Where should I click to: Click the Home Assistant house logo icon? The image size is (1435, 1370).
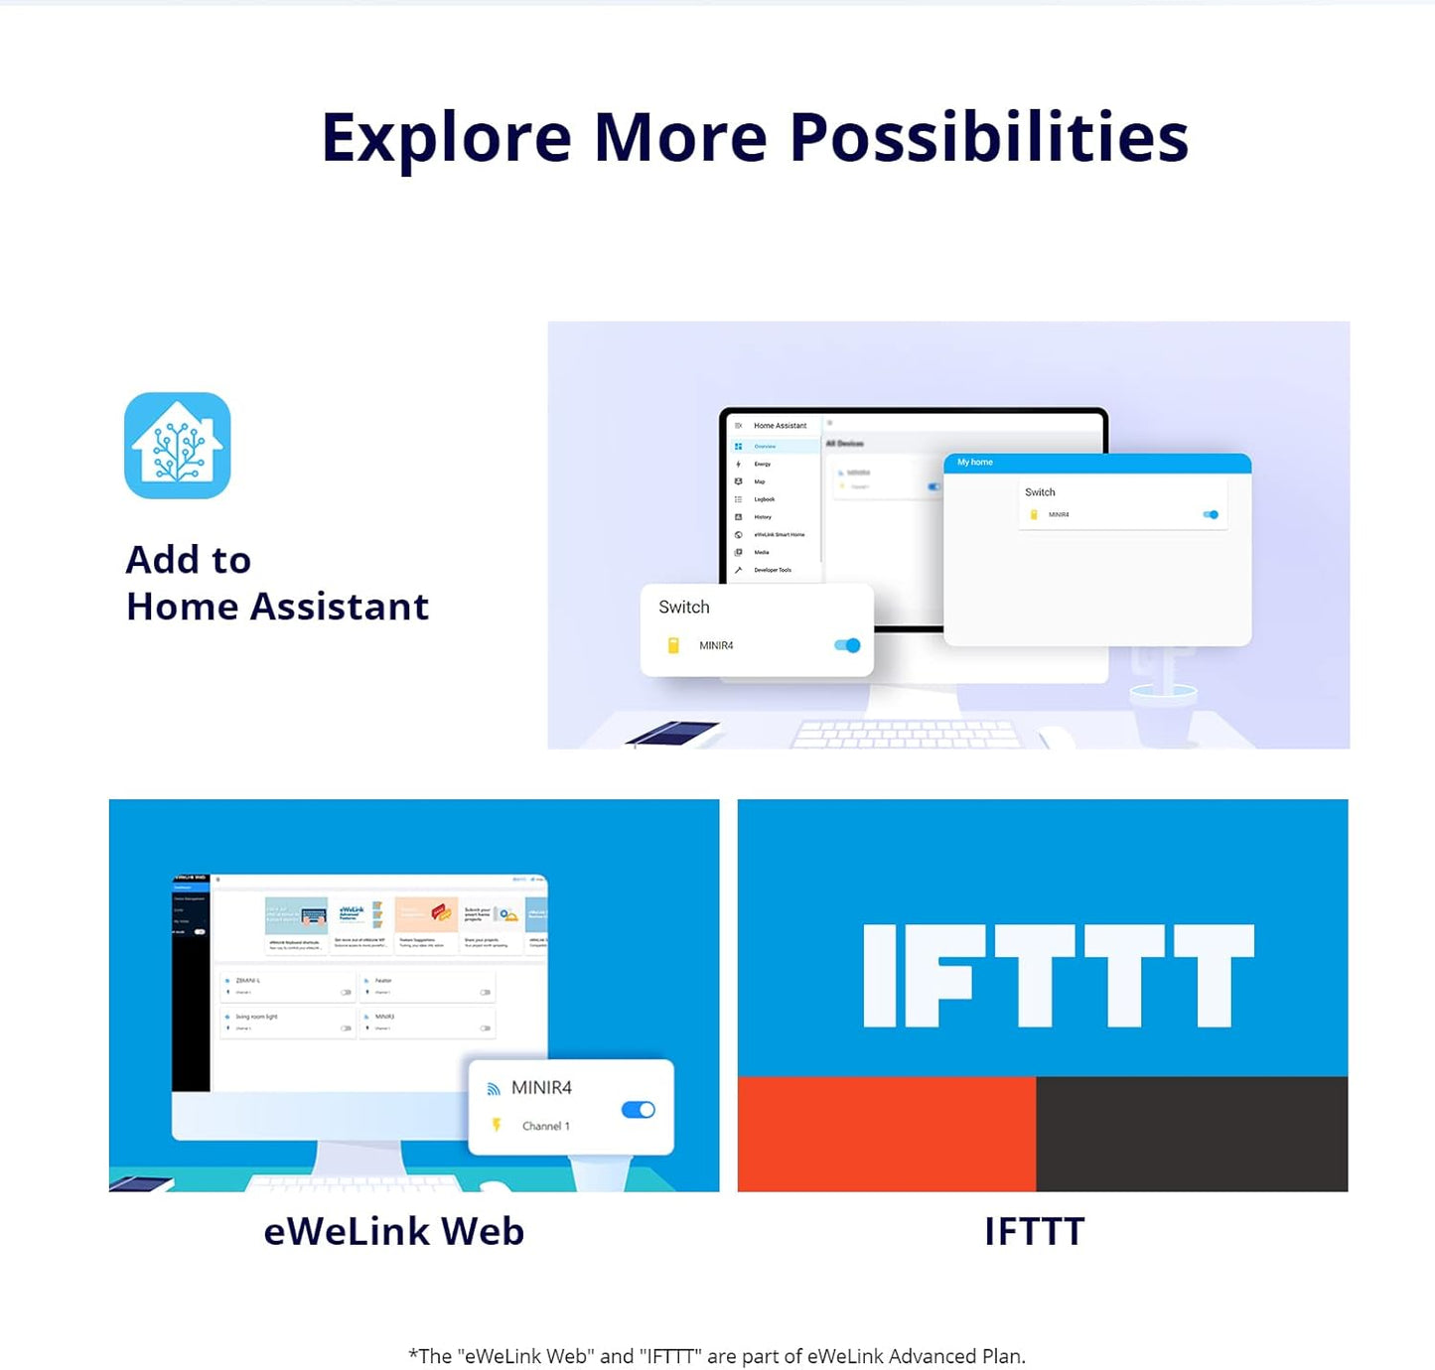pyautogui.click(x=178, y=446)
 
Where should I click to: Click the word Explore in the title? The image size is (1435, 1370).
pyautogui.click(x=446, y=137)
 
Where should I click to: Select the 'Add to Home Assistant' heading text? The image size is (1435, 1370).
pyautogui.click(x=277, y=583)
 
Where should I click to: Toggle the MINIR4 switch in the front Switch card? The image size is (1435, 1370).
pyautogui.click(x=847, y=645)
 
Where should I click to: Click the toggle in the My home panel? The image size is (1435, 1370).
pyautogui.click(x=1211, y=514)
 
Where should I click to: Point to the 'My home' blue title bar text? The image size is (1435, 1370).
pyautogui.click(x=975, y=463)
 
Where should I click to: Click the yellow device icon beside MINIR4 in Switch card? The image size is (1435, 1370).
pyautogui.click(x=673, y=645)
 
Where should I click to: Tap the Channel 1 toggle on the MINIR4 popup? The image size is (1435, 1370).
pyautogui.click(x=638, y=1110)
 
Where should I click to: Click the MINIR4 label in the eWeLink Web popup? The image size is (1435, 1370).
pyautogui.click(x=541, y=1088)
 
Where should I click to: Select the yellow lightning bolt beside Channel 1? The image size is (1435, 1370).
pyautogui.click(x=497, y=1125)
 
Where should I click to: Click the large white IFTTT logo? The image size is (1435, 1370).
pyautogui.click(x=1059, y=975)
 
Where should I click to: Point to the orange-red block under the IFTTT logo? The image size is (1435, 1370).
pyautogui.click(x=887, y=1134)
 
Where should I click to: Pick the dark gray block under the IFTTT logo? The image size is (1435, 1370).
pyautogui.click(x=1192, y=1134)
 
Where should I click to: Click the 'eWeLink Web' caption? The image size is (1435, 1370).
pyautogui.click(x=394, y=1232)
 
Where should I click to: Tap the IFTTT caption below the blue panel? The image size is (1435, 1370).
pyautogui.click(x=1034, y=1232)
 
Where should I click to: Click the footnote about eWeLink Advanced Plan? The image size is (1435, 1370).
pyautogui.click(x=717, y=1356)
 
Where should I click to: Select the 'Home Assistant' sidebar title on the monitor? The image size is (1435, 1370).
pyautogui.click(x=780, y=426)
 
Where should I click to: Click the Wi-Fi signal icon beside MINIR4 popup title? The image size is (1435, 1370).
pyautogui.click(x=494, y=1089)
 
